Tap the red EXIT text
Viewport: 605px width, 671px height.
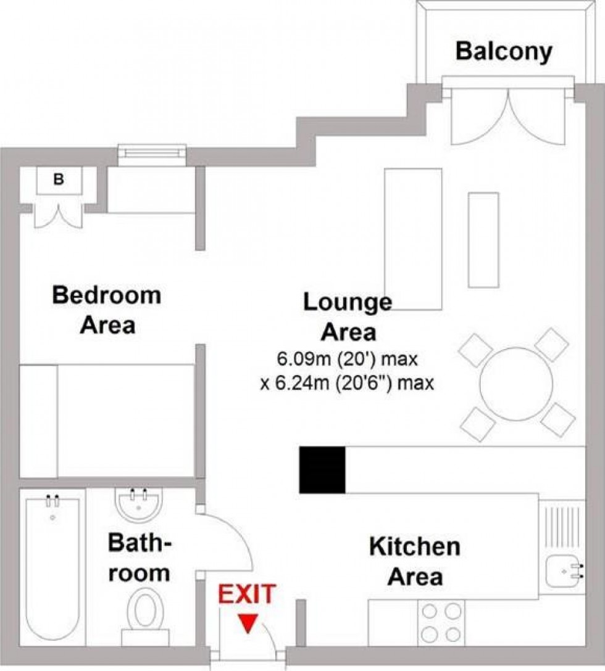[246, 595]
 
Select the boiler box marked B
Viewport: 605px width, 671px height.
[59, 180]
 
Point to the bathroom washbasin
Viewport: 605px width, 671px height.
[138, 502]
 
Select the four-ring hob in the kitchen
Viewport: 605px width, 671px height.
[441, 623]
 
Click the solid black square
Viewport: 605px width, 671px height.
[322, 469]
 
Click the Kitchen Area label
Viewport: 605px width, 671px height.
[414, 561]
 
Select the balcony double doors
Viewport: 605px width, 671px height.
[509, 114]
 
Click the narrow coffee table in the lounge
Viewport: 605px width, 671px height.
[483, 239]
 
